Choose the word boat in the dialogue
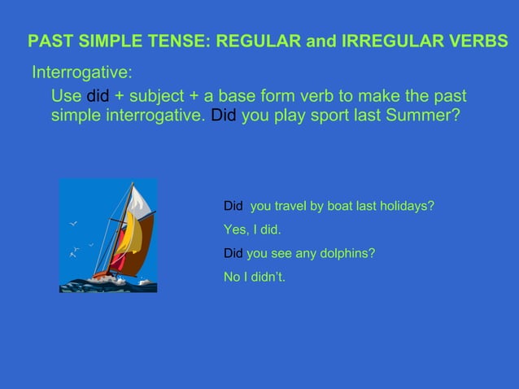pos(325,207)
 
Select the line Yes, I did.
pos(252,229)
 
